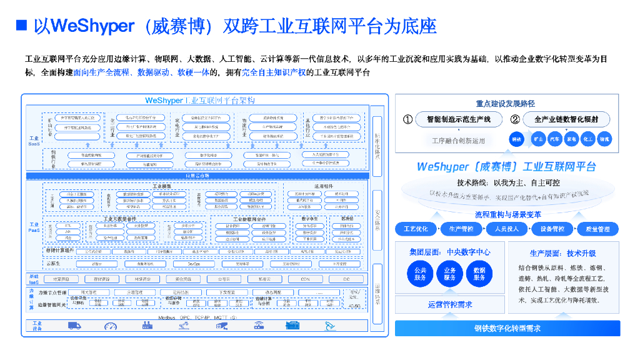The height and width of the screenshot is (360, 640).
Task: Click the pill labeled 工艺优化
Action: pyautogui.click(x=416, y=229)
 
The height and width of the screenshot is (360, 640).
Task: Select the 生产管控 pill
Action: pyautogui.click(x=461, y=229)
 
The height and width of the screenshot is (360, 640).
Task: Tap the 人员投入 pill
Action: pyautogui.click(x=507, y=229)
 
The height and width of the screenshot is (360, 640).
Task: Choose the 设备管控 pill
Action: pyautogui.click(x=552, y=229)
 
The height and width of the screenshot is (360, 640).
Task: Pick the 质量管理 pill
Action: pyautogui.click(x=598, y=229)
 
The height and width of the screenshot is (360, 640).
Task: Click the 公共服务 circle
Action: pyautogui.click(x=420, y=274)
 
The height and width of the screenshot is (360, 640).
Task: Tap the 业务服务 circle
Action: pyautogui.click(x=450, y=274)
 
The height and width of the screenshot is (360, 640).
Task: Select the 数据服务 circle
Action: pyautogui.click(x=479, y=274)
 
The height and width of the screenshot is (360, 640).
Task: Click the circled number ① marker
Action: pyautogui.click(x=407, y=119)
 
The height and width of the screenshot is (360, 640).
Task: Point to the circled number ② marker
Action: pyautogui.click(x=515, y=119)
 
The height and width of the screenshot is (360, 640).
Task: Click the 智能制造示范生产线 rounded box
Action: pyautogui.click(x=459, y=119)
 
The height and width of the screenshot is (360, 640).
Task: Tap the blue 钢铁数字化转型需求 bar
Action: pyautogui.click(x=507, y=328)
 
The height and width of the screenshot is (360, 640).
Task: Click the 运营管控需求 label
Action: pyautogui.click(x=450, y=305)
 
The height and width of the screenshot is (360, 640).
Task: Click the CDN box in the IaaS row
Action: pyautogui.click(x=305, y=279)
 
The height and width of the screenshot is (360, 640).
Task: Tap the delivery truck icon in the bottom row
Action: pyautogui.click(x=74, y=326)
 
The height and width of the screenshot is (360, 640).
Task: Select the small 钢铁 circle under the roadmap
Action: pyautogui.click(x=516, y=139)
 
